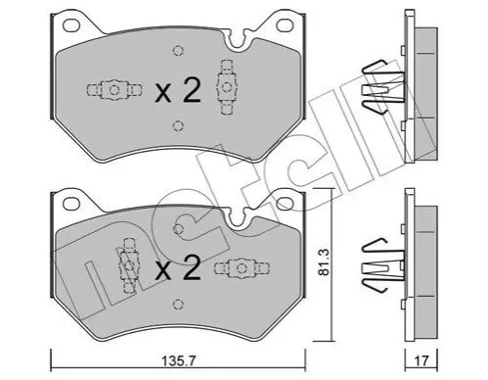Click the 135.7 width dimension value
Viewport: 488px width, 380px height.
click(x=178, y=361)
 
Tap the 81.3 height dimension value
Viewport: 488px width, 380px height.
click(x=324, y=261)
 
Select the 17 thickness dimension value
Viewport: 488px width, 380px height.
click(x=421, y=361)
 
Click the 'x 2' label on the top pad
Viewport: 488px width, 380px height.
click(x=178, y=91)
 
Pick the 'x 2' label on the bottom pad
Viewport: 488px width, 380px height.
click(x=178, y=267)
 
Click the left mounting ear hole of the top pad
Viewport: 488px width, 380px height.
click(x=71, y=24)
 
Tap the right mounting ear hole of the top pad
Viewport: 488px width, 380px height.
click(x=285, y=24)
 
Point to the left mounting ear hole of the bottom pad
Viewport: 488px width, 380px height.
click(x=71, y=204)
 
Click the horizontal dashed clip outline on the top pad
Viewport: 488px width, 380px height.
click(x=114, y=90)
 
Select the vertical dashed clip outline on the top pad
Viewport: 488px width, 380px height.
click(x=226, y=87)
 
